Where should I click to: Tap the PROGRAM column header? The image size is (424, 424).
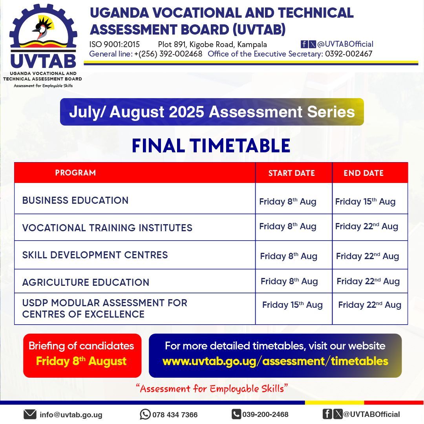tap(75, 173)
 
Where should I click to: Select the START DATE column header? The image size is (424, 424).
tap(291, 173)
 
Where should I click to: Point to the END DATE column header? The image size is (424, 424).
tap(364, 173)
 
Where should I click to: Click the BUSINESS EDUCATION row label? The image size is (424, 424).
tap(75, 200)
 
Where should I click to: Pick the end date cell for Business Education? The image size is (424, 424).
tap(365, 201)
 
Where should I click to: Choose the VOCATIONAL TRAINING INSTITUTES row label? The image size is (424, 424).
tap(107, 228)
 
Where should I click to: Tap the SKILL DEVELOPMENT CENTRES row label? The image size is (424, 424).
tap(95, 255)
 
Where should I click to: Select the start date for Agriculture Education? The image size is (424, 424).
tap(289, 281)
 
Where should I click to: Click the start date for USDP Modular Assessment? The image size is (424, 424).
tap(292, 305)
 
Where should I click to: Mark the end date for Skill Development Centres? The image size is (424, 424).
tap(367, 256)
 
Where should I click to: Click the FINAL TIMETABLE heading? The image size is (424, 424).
tap(211, 146)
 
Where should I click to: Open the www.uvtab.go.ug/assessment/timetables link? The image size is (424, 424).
tap(275, 361)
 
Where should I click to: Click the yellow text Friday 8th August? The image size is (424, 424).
tap(81, 361)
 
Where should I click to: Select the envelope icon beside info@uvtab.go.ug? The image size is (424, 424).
tap(30, 414)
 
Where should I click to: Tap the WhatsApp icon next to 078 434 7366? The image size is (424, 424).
tap(145, 414)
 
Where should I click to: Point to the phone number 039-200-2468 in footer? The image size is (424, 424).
tap(265, 414)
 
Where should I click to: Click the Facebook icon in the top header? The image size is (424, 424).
tap(304, 44)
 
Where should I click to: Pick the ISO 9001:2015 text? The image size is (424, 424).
tap(114, 44)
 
